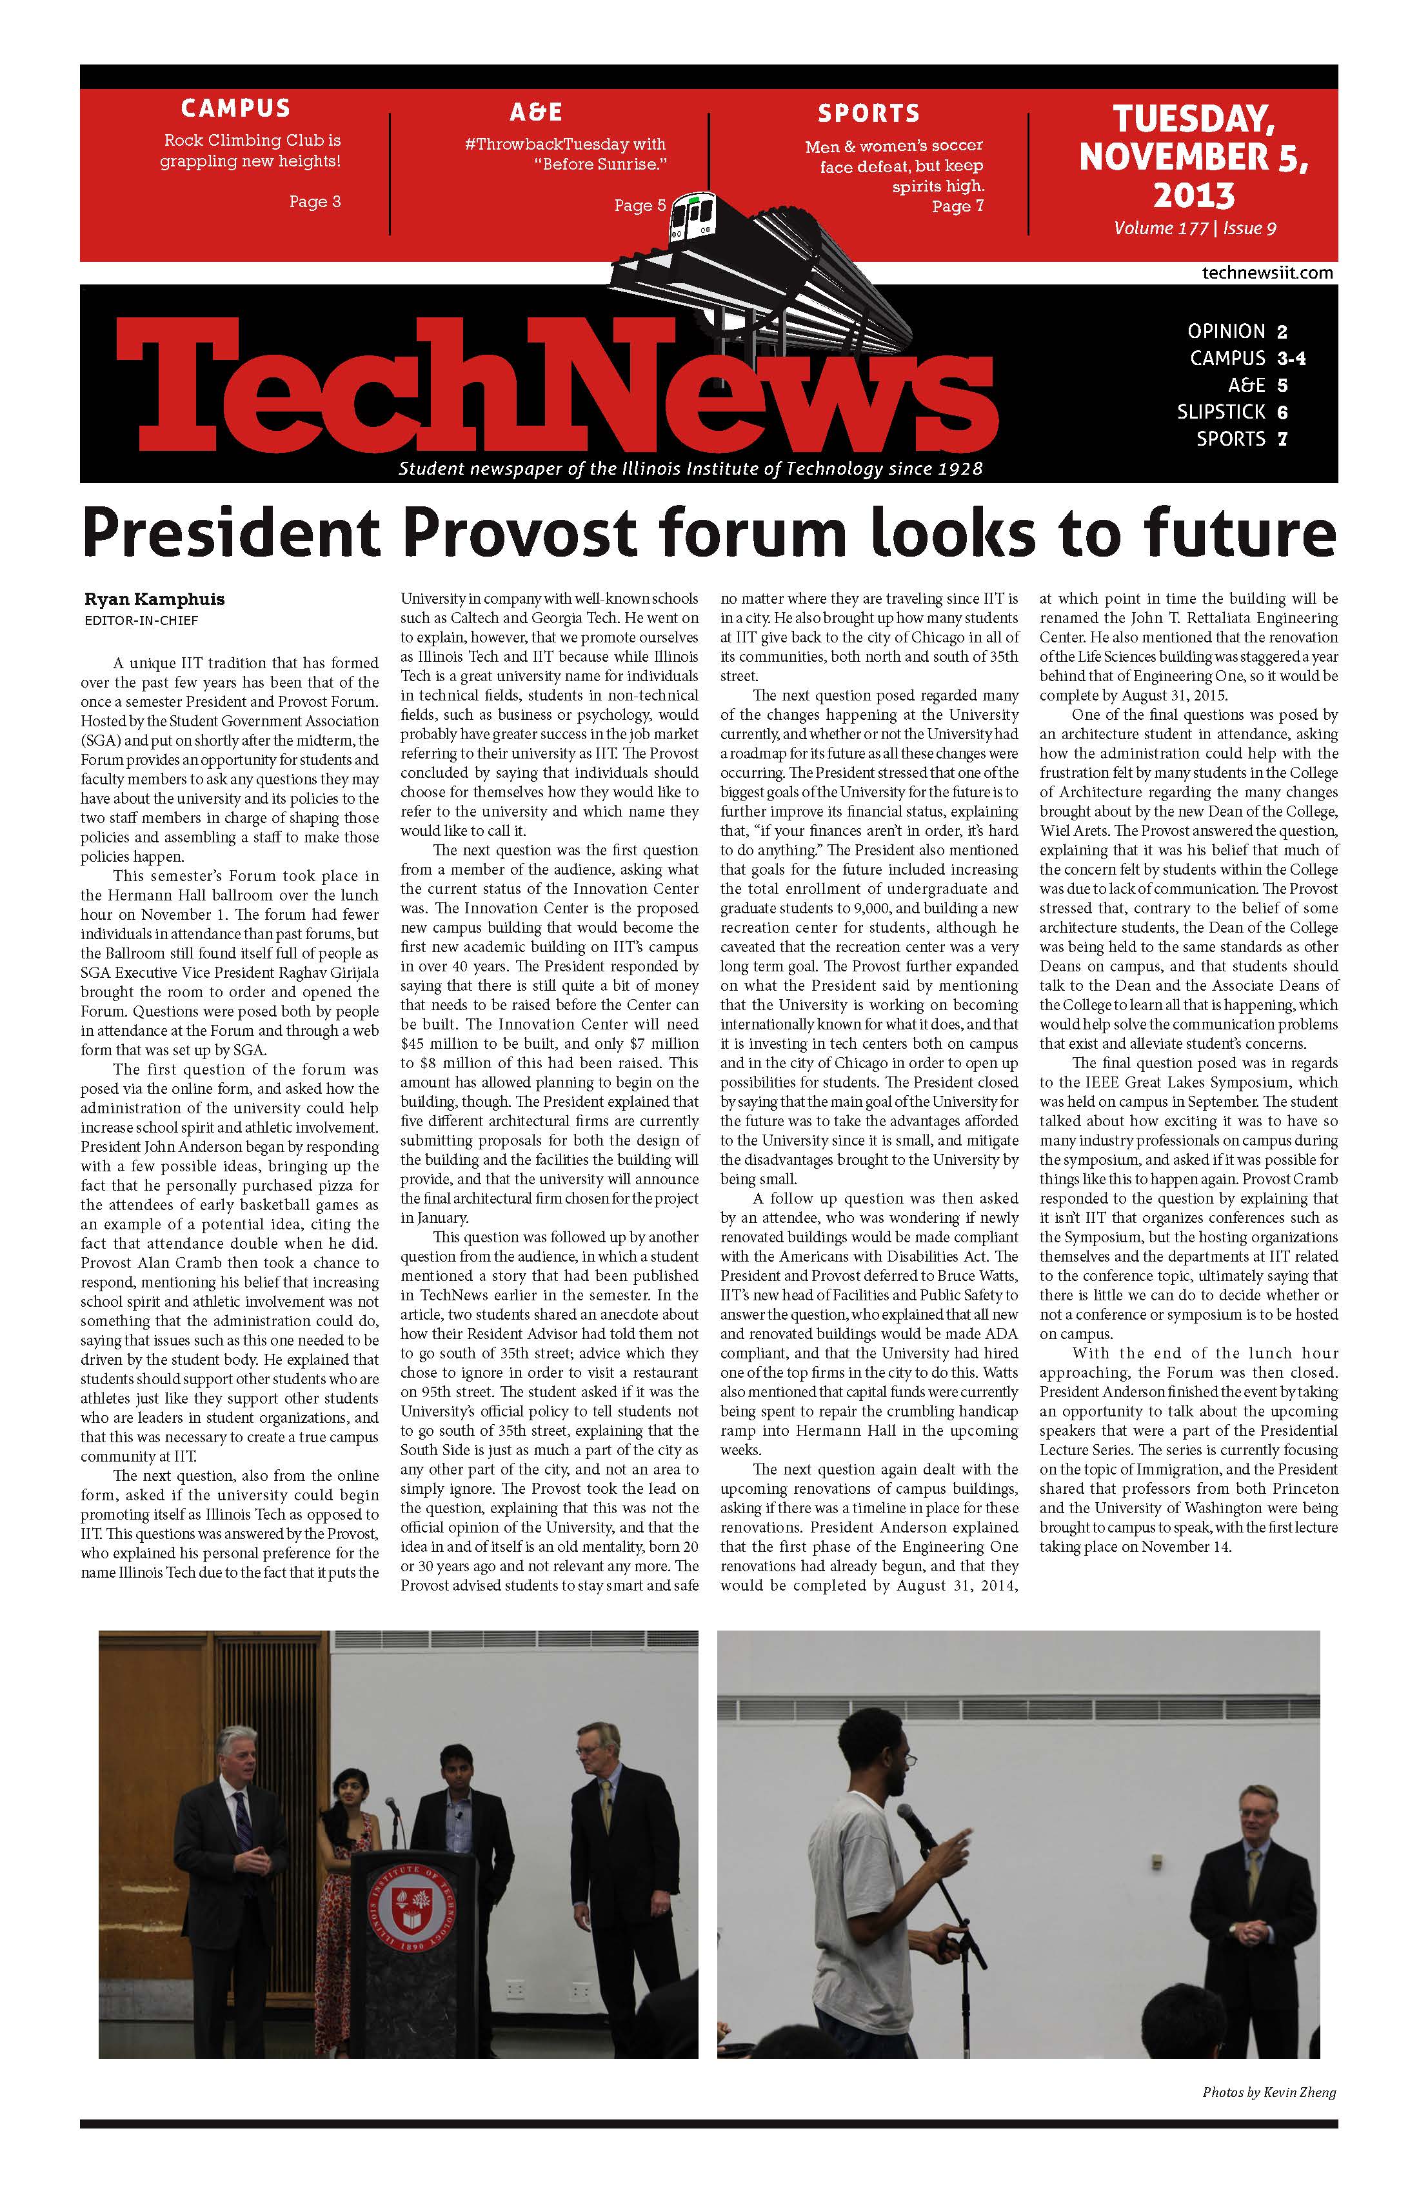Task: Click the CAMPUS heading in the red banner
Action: click(x=236, y=109)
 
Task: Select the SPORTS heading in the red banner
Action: click(x=869, y=114)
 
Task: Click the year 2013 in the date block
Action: click(x=1194, y=195)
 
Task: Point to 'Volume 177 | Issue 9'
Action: click(x=1195, y=228)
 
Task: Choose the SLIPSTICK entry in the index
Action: click(x=1232, y=412)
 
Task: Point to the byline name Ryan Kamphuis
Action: click(x=154, y=599)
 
